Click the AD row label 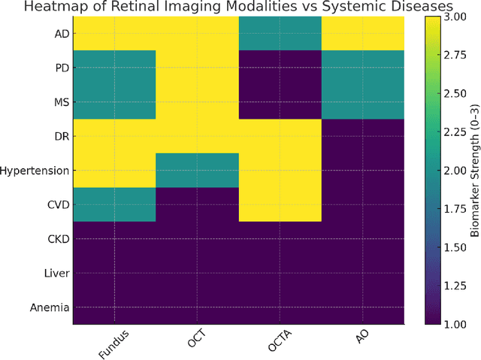point(61,34)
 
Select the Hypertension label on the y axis point(35,171)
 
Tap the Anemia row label point(50,307)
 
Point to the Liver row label point(57,273)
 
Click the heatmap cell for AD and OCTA point(280,34)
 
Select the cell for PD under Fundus point(114,68)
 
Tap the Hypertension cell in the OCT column point(197,171)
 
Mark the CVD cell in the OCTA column point(280,204)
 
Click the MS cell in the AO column point(362,102)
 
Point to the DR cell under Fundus point(114,136)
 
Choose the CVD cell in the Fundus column point(114,204)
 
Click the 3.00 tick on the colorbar point(452,17)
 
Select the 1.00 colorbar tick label point(452,324)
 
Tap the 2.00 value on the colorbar point(452,171)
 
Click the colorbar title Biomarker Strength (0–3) point(475,171)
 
